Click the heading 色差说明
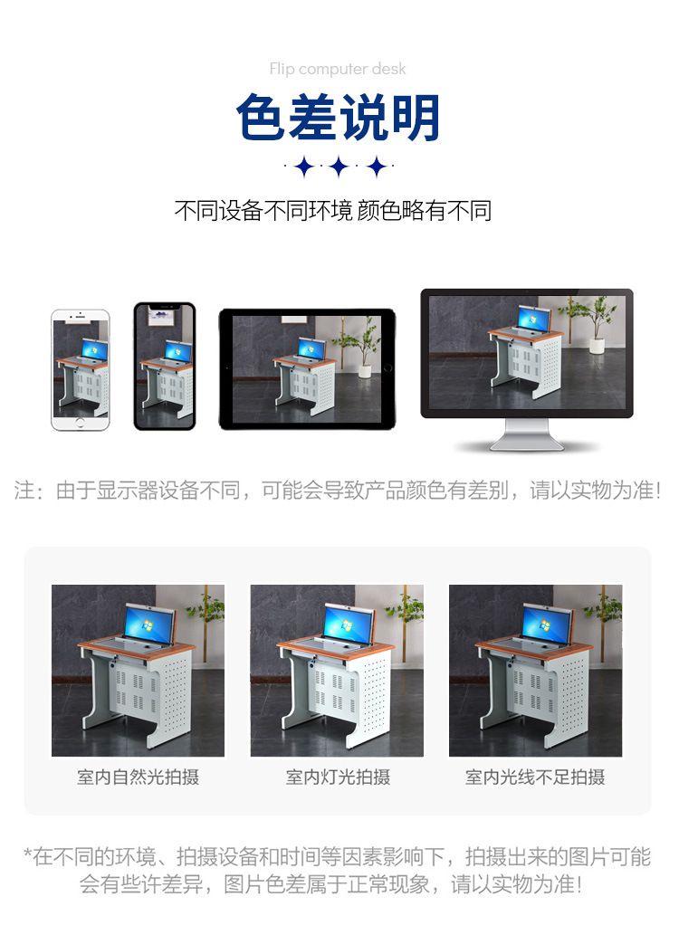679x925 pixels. [339, 119]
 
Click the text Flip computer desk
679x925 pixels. [338, 69]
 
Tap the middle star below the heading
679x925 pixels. [339, 167]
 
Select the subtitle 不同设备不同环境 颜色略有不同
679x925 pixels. [332, 212]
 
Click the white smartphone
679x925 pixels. [80, 369]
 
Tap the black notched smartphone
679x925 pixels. [164, 366]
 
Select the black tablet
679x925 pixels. [306, 368]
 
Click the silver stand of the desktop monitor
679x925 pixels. [526, 434]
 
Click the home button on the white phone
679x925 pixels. [80, 422]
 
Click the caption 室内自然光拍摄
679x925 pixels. [138, 777]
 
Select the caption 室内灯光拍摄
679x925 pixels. [337, 777]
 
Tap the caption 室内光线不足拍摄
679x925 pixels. [535, 777]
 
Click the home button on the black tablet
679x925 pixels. [387, 368]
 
